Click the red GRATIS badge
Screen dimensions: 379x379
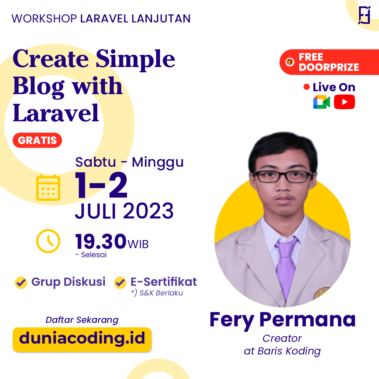(37, 140)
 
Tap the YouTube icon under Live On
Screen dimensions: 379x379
(344, 102)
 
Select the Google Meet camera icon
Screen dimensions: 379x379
(321, 102)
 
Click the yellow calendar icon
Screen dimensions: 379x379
(48, 188)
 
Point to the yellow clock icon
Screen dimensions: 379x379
(48, 241)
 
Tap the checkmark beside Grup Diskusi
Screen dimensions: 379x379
(21, 282)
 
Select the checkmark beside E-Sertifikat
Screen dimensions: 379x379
(120, 282)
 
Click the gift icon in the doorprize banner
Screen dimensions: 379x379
(290, 62)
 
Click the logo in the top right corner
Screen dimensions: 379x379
(364, 15)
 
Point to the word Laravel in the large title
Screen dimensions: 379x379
(56, 113)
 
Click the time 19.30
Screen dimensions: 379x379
(101, 241)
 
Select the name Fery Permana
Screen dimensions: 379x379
(282, 319)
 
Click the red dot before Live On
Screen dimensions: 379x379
(307, 87)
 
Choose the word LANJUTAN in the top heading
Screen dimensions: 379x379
(161, 18)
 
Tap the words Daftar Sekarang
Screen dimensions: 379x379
(82, 320)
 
